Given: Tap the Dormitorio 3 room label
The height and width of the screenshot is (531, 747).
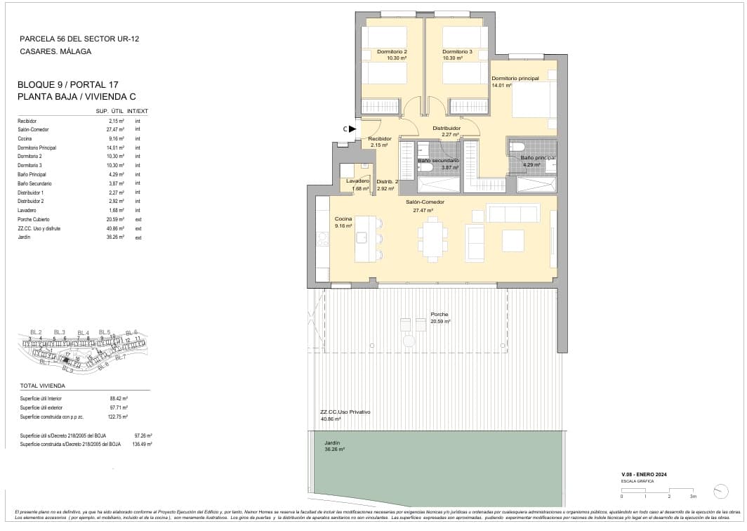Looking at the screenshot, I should click(457, 52).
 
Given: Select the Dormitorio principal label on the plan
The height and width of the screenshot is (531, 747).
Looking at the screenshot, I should click(515, 79).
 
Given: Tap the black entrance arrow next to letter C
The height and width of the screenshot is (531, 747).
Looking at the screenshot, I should click(354, 129).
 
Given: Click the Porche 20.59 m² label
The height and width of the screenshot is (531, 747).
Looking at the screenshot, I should click(440, 315).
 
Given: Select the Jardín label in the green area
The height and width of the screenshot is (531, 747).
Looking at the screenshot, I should click(332, 443).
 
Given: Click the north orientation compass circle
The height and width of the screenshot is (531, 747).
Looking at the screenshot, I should click(720, 491).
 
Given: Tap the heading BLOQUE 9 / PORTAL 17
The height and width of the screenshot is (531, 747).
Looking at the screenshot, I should click(67, 85).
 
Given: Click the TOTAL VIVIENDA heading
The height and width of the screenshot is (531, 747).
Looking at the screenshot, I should click(43, 386).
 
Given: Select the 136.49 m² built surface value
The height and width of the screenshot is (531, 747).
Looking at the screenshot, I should click(143, 445).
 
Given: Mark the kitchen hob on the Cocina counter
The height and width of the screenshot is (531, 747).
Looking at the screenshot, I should click(323, 240).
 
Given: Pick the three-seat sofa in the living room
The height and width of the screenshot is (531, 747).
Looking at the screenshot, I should click(513, 213).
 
